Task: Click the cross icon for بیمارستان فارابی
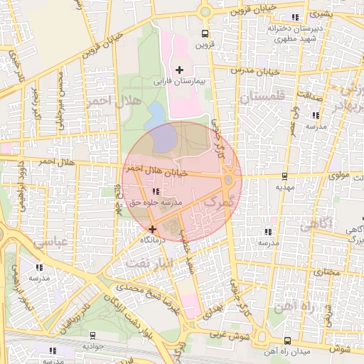(179, 70)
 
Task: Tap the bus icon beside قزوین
(205, 33)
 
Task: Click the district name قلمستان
(262, 96)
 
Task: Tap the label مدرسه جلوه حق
(156, 203)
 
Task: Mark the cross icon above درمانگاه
(153, 229)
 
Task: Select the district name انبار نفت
(149, 263)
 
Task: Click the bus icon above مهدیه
(285, 176)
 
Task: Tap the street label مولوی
(340, 171)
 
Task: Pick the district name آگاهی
(316, 225)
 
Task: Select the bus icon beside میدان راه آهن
(287, 341)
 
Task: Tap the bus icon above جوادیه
(92, 335)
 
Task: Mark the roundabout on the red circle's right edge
(227, 181)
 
